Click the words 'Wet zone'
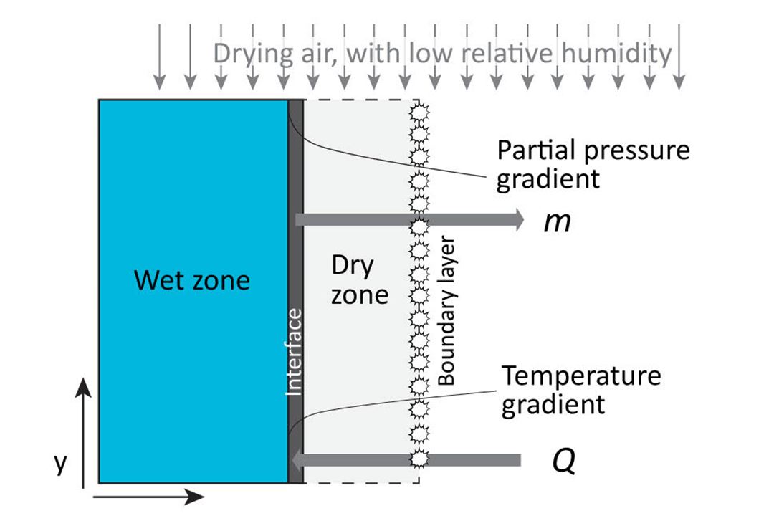click(x=192, y=279)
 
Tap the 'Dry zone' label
click(x=359, y=281)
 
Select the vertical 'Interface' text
click(x=295, y=352)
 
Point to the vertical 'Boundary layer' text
click(x=446, y=310)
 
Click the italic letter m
click(x=558, y=223)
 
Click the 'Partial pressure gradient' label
click(x=593, y=164)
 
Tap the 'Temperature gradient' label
click(x=581, y=391)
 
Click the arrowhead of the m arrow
click(x=518, y=219)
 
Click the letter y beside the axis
click(x=60, y=463)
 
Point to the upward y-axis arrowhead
click(x=83, y=387)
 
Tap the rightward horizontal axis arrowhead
click(x=195, y=497)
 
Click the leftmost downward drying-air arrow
click(x=159, y=57)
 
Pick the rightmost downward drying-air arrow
click(x=679, y=57)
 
